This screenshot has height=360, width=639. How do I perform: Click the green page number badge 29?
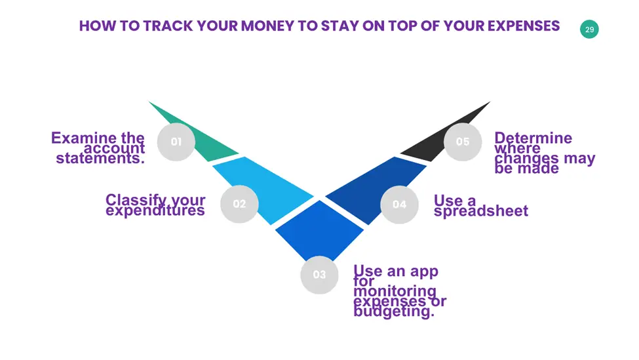pos(589,30)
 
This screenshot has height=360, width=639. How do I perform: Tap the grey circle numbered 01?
pos(176,142)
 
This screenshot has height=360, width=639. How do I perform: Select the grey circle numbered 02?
pos(239,204)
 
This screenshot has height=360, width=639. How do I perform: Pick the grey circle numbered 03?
pos(320,275)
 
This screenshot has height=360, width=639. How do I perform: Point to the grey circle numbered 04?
pos(399,204)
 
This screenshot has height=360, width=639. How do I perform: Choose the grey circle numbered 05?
pos(463,142)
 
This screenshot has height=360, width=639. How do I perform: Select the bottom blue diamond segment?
pos(320,230)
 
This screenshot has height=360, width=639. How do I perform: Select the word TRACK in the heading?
pos(168,26)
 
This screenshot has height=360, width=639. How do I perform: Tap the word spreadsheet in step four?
pos(481,210)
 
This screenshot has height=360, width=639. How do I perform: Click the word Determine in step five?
pos(533,138)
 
